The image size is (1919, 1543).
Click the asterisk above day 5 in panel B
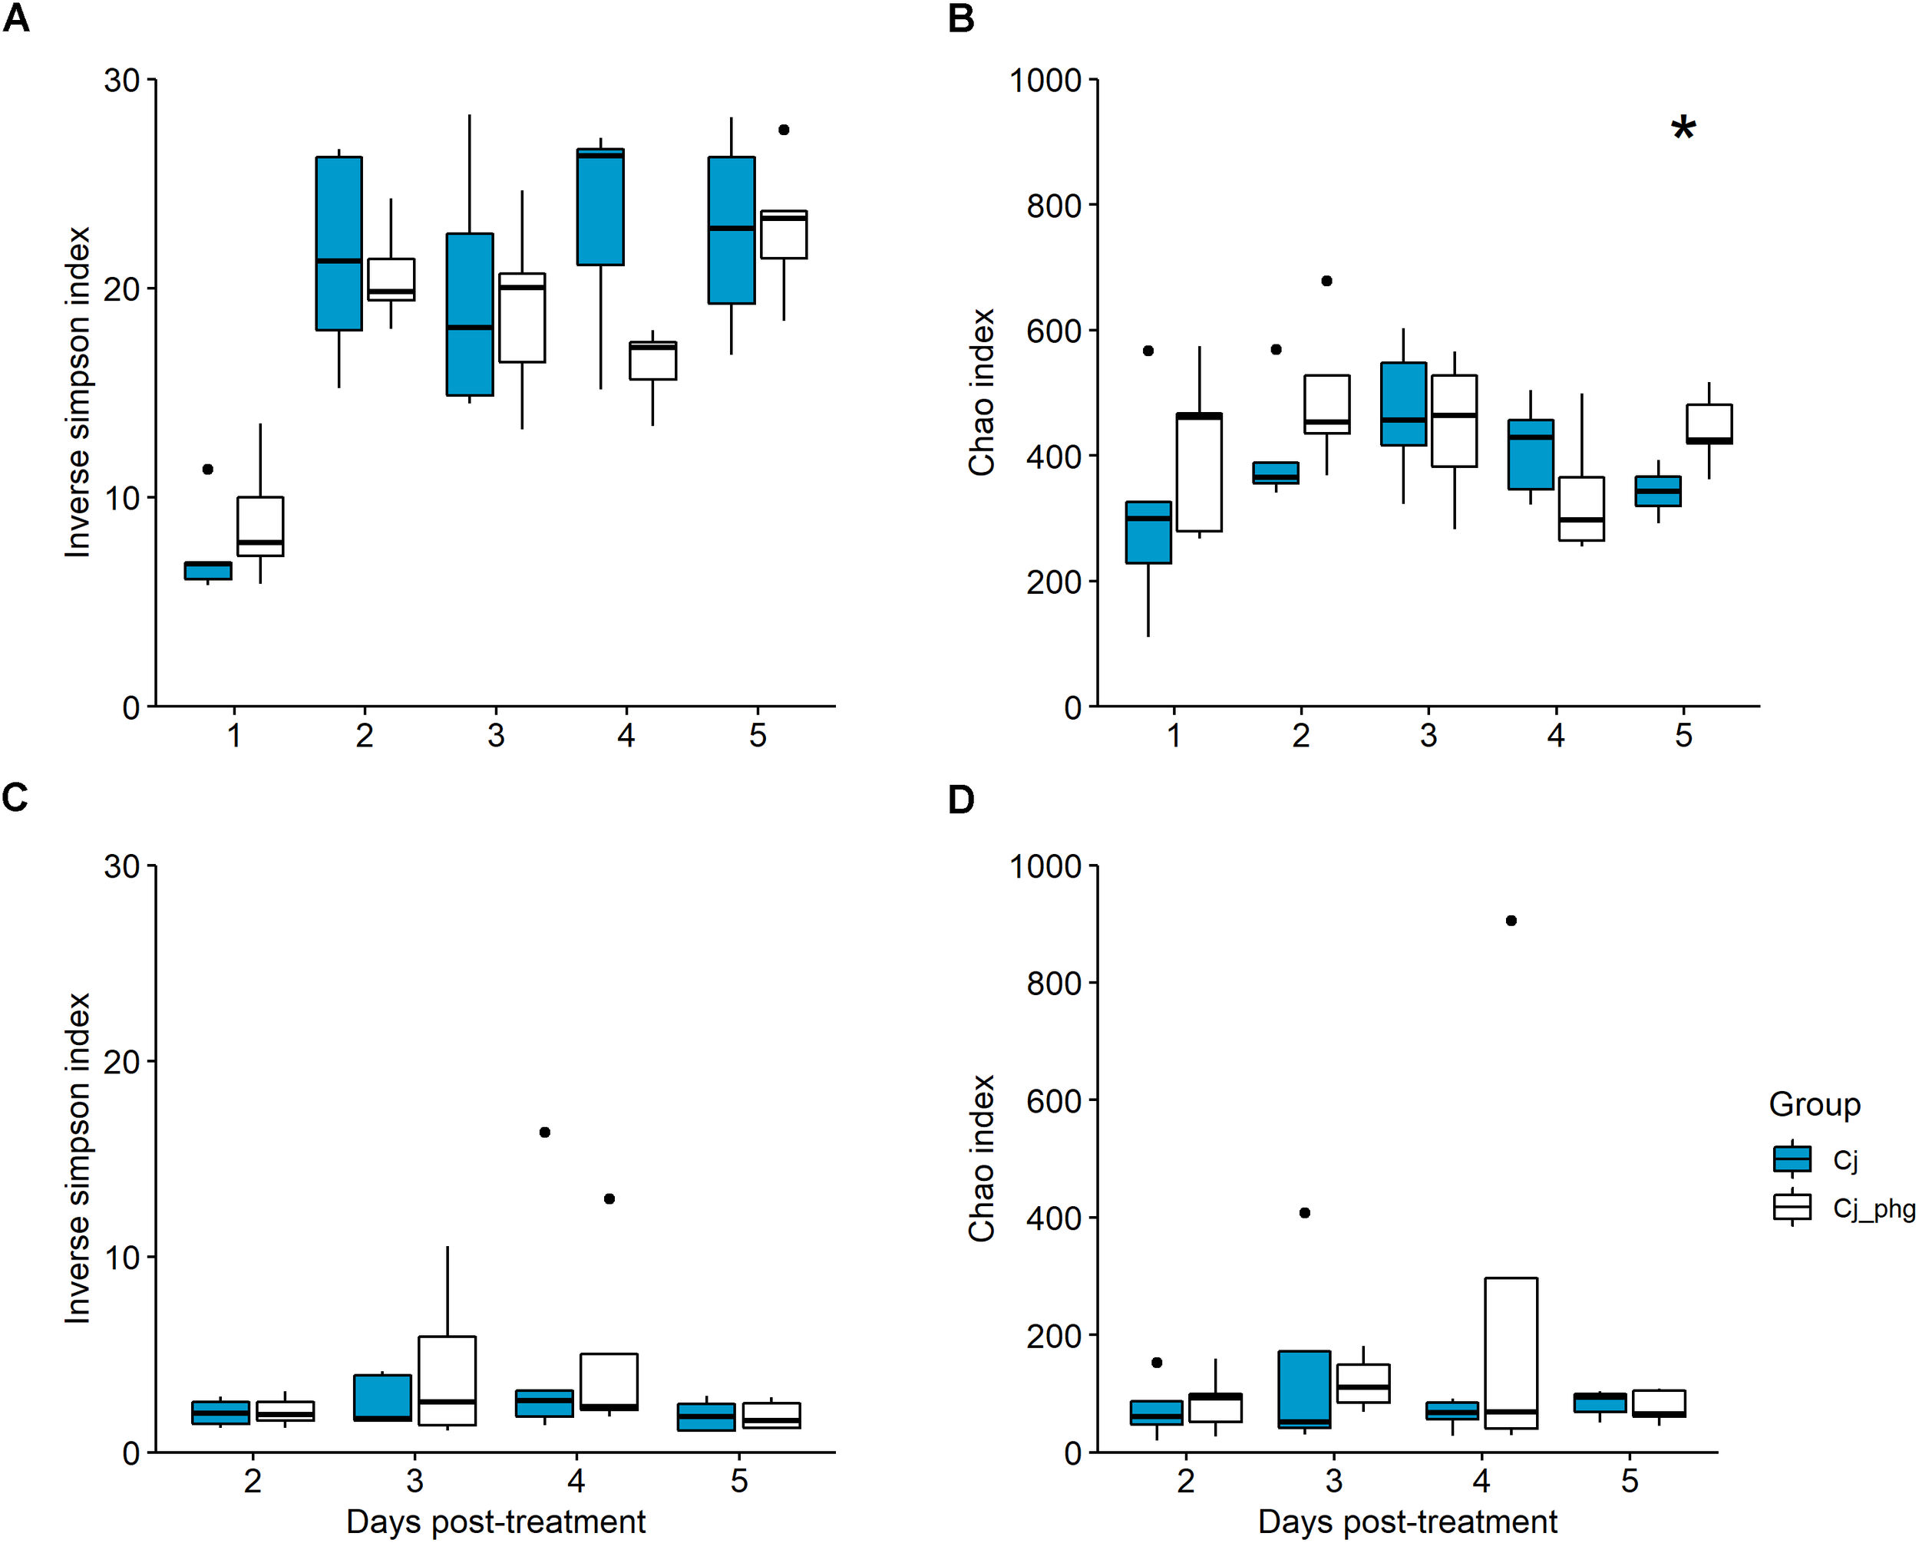[1683, 130]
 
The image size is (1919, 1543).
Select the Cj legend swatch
[1792, 1159]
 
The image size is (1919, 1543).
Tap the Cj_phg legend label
[1873, 1208]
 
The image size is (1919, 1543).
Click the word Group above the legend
[1814, 1104]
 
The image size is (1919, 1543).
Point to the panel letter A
[16, 18]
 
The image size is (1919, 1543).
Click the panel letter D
[961, 800]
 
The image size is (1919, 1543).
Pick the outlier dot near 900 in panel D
[1511, 920]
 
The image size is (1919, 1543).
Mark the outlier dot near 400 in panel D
[1305, 1213]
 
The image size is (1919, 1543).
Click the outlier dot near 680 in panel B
[1326, 280]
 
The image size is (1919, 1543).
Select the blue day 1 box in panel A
[208, 570]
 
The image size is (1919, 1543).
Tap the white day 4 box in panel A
[652, 361]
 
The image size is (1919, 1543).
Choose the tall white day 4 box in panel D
[1511, 1353]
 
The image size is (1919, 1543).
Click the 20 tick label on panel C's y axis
[122, 1062]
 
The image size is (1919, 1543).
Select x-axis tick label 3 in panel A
[496, 736]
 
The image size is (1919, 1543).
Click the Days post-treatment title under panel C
[496, 1522]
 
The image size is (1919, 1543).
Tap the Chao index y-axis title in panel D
[981, 1157]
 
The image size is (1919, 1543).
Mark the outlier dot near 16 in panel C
[545, 1132]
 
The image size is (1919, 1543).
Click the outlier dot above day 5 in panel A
[783, 129]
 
